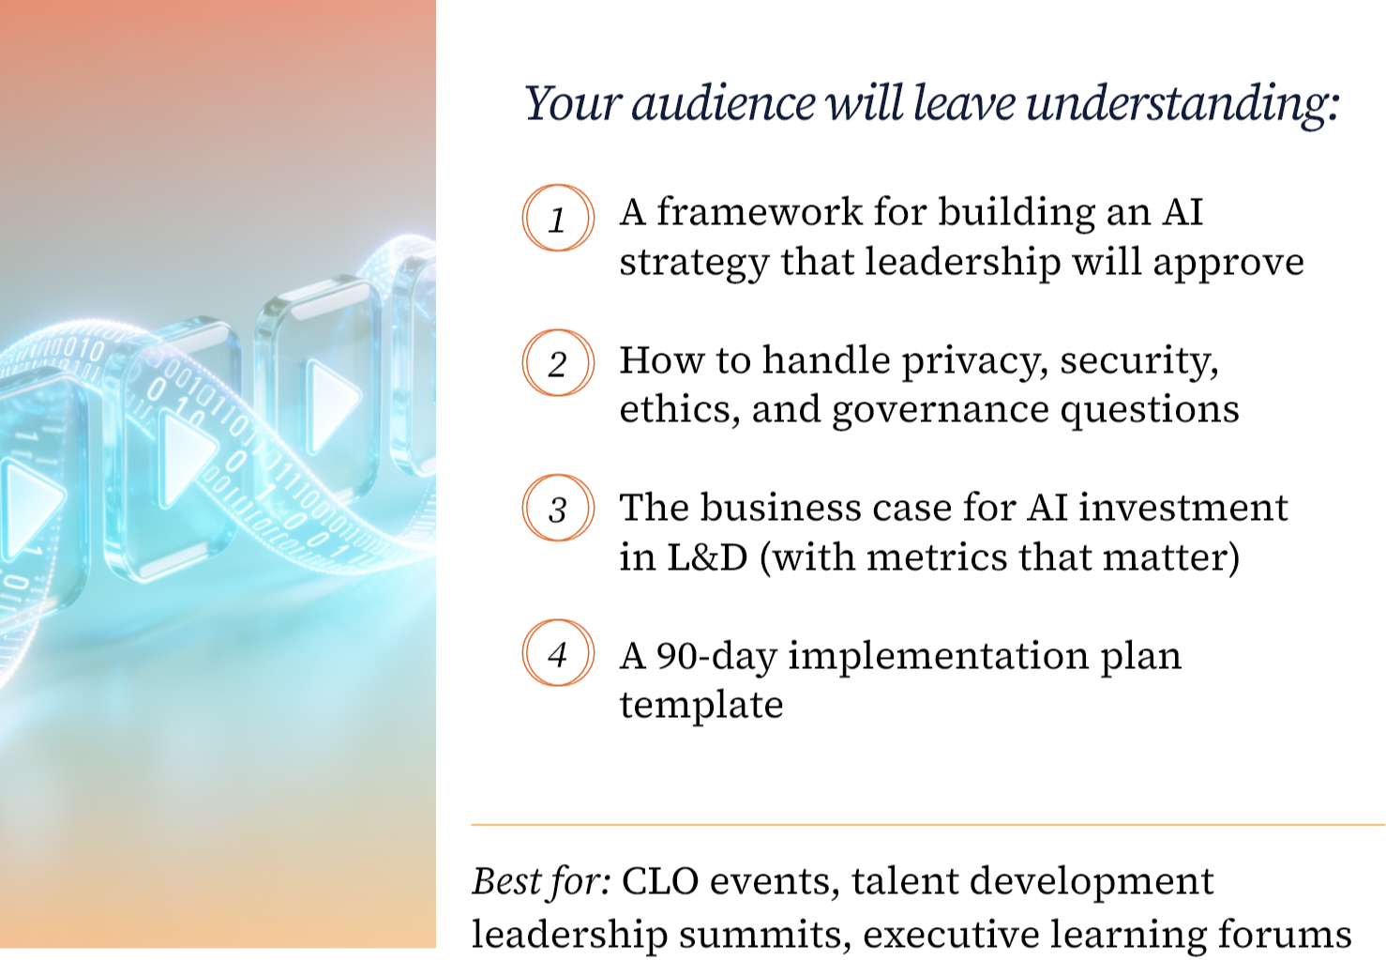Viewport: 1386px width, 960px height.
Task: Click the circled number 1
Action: click(557, 218)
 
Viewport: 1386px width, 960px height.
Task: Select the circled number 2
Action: click(557, 363)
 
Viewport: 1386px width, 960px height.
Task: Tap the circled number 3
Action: click(557, 509)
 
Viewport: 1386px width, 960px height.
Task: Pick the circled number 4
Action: click(557, 653)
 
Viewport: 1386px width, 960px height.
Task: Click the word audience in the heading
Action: click(723, 103)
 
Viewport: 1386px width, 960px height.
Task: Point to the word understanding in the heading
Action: click(1183, 103)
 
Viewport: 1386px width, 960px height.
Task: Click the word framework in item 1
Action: click(760, 212)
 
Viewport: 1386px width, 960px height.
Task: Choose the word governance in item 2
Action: click(941, 411)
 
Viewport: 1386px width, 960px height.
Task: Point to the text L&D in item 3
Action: click(707, 557)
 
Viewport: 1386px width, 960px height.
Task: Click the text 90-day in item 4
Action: click(716, 657)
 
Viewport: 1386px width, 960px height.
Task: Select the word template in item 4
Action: click(701, 706)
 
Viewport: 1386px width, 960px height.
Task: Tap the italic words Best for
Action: click(542, 881)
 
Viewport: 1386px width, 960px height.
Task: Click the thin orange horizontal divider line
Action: click(928, 825)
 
